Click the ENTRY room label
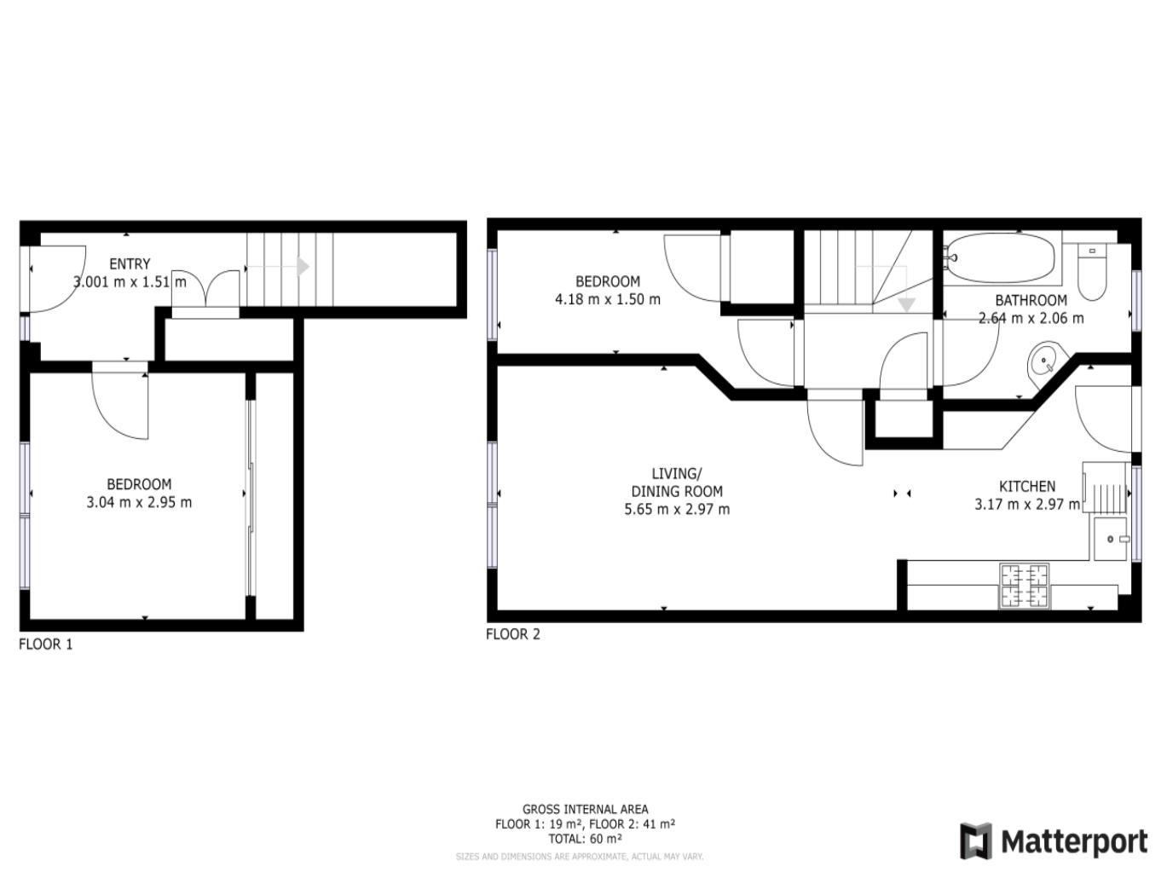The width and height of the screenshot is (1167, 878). click(x=130, y=264)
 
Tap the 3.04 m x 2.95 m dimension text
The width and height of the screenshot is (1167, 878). click(x=139, y=503)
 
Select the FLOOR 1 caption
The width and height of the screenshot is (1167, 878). click(x=46, y=644)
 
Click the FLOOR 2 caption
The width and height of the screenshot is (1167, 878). click(x=513, y=634)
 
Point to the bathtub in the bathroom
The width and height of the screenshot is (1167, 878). click(x=1001, y=258)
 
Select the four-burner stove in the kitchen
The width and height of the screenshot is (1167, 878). click(x=1025, y=586)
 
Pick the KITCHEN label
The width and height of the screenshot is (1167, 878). click(x=1027, y=487)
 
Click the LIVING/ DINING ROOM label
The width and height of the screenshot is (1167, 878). click(x=677, y=482)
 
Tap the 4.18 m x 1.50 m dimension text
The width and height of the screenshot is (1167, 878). click(x=608, y=299)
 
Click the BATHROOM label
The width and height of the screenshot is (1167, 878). click(x=1031, y=300)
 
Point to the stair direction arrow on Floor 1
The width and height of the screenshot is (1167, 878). click(x=302, y=267)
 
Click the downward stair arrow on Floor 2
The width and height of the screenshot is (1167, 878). click(x=905, y=304)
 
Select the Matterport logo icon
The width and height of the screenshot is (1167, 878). click(x=976, y=841)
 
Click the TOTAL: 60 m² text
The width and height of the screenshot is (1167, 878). click(x=585, y=839)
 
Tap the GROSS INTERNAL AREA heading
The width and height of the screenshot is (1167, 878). click(x=585, y=809)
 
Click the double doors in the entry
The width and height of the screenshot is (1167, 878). click(x=206, y=290)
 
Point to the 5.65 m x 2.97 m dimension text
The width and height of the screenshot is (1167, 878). click(x=677, y=510)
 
